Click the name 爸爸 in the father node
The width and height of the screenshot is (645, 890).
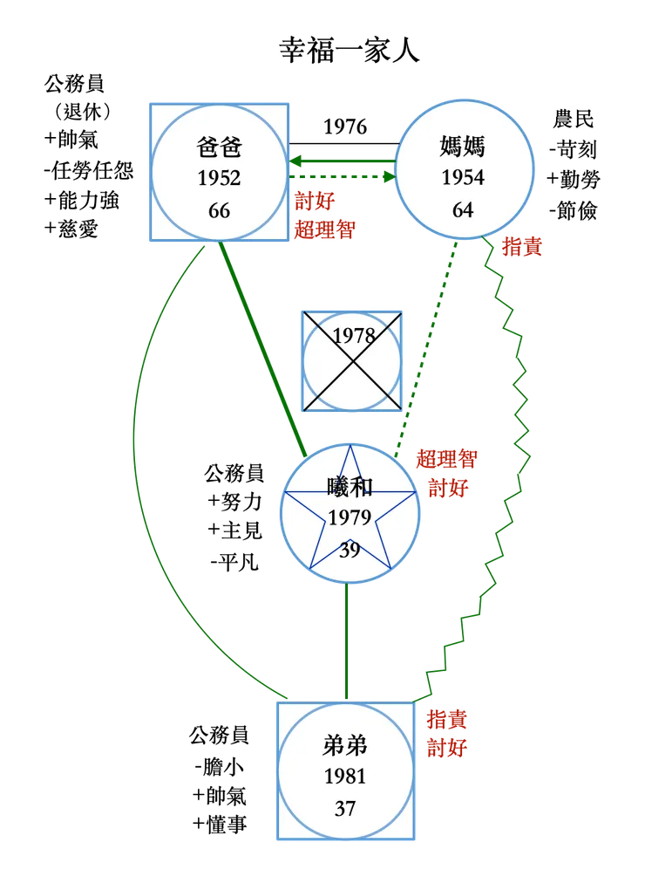(x=219, y=146)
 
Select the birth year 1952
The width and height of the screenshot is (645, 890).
(x=219, y=179)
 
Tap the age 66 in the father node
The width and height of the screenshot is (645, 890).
(x=219, y=211)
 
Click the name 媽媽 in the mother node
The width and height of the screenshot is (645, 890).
(x=463, y=146)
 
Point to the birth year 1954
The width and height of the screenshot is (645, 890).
(x=463, y=179)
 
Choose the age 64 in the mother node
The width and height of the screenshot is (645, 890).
(x=463, y=210)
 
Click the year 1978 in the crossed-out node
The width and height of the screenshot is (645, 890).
(x=353, y=336)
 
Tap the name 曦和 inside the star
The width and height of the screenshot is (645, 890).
(x=350, y=486)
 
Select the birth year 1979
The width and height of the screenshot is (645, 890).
(x=350, y=518)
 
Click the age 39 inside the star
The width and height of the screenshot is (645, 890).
(x=350, y=551)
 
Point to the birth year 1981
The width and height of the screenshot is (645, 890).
(x=345, y=777)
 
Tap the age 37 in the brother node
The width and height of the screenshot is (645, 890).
(x=345, y=809)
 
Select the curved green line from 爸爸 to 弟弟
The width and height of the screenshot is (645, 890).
(x=137, y=462)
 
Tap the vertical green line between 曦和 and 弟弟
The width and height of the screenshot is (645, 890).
(x=347, y=641)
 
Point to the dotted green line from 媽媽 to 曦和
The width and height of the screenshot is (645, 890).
(x=427, y=349)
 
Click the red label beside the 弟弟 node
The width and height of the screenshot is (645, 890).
(x=448, y=734)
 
